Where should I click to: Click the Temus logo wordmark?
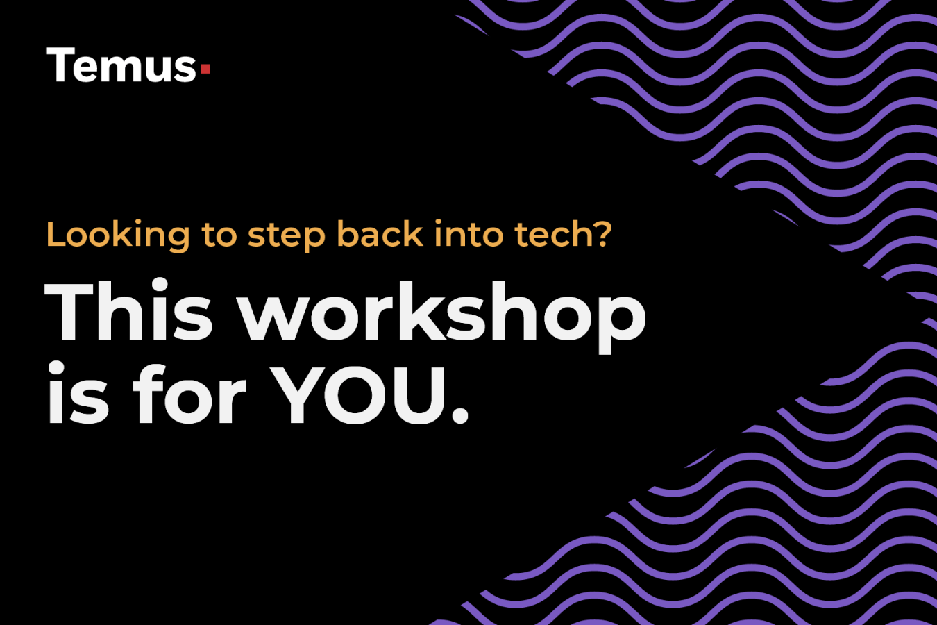(x=122, y=66)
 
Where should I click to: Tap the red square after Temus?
(x=205, y=69)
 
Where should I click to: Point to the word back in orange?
(x=380, y=234)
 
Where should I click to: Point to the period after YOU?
(x=459, y=415)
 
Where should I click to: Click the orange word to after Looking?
(x=219, y=235)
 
